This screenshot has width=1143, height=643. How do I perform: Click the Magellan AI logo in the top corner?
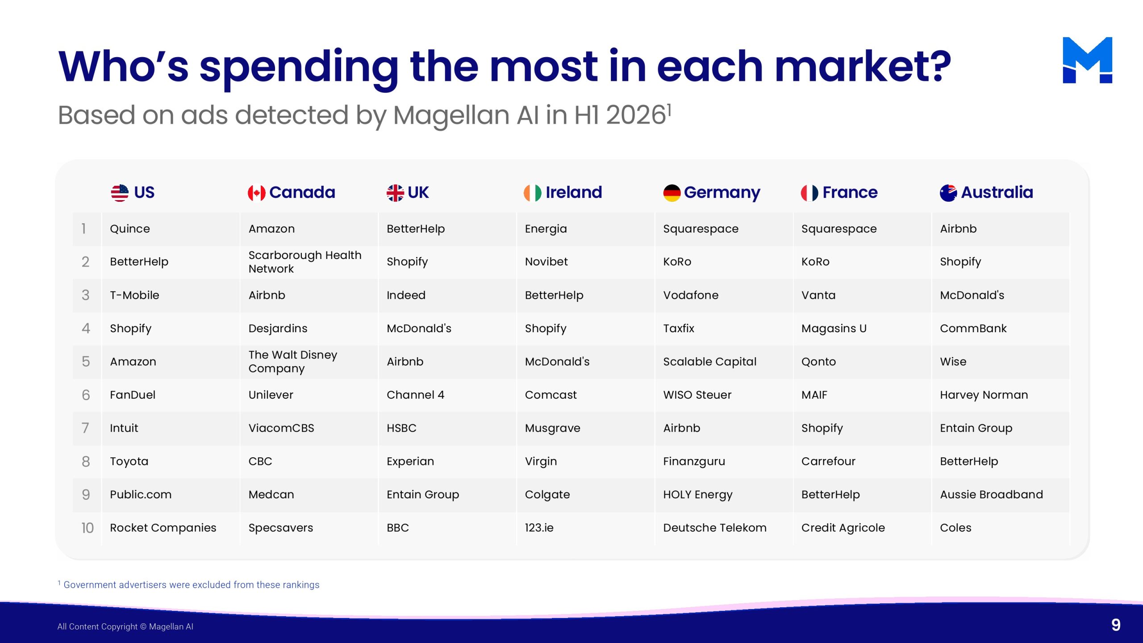click(x=1087, y=60)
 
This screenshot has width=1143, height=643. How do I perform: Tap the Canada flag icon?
click(x=256, y=193)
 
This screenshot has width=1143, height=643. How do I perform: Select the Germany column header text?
click(x=722, y=193)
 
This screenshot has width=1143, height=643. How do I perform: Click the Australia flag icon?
click(x=948, y=193)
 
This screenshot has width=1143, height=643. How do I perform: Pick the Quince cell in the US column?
click(x=130, y=229)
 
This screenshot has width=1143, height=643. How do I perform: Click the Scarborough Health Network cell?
click(x=305, y=262)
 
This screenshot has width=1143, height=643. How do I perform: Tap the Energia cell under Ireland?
click(x=546, y=229)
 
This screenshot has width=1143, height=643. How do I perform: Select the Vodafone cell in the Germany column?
click(x=691, y=295)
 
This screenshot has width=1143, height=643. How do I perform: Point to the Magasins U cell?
click(x=834, y=329)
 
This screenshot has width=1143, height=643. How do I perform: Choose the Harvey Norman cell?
click(x=984, y=395)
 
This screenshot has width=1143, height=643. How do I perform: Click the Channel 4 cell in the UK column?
click(x=415, y=395)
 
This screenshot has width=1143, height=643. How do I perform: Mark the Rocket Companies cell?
click(x=163, y=528)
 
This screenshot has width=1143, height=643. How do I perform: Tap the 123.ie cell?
click(x=539, y=528)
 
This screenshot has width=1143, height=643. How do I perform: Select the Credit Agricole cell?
click(x=843, y=528)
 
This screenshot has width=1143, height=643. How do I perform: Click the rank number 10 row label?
click(x=88, y=528)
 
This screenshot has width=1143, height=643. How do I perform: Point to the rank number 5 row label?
click(x=86, y=362)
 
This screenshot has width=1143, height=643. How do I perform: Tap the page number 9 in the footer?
click(x=1116, y=625)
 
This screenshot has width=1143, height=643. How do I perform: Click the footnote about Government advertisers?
click(x=188, y=585)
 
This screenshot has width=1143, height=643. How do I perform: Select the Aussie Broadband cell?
click(x=991, y=495)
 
